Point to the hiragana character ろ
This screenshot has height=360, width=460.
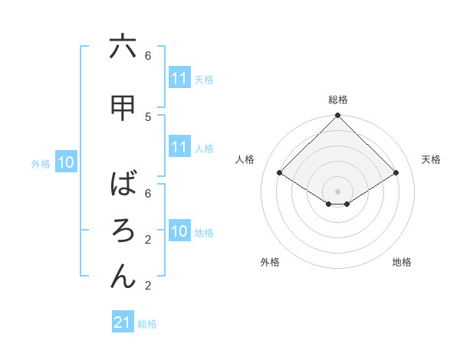[123, 231]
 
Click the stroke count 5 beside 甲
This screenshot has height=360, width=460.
[148, 116]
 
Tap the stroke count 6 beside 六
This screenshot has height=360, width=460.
[148, 55]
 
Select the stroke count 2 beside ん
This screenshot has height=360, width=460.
[148, 285]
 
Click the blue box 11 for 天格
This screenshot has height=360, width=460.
[179, 78]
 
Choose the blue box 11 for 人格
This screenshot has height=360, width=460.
[179, 147]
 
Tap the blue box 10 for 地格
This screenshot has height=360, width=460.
[179, 231]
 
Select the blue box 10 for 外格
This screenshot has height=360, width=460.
[66, 162]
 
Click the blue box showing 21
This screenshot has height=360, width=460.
[123, 322]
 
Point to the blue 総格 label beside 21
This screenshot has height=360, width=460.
[147, 324]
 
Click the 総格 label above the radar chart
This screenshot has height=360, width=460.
[337, 100]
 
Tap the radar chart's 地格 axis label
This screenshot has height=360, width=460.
[402, 262]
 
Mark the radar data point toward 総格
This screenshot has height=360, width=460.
[337, 116]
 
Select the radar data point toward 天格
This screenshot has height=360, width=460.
[396, 173]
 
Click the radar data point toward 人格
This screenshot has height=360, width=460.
[280, 173]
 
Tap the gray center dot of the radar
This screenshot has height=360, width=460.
[337, 190]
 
